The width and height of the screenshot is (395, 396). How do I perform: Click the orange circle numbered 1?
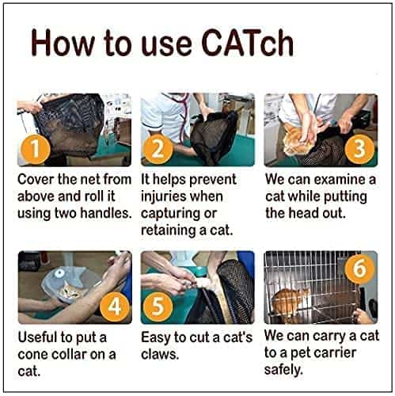tap(35, 149)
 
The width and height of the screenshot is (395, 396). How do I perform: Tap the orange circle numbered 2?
tap(158, 149)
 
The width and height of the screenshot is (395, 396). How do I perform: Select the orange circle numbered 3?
tap(359, 149)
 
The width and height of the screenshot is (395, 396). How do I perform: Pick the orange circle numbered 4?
tap(115, 307)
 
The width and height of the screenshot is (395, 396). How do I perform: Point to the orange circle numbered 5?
tap(158, 307)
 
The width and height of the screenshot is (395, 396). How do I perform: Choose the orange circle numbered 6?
tap(359, 268)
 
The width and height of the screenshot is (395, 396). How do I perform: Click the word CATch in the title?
tap(247, 43)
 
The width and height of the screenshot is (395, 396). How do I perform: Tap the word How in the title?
tap(63, 43)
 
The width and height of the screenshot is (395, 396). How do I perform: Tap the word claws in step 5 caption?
tap(160, 354)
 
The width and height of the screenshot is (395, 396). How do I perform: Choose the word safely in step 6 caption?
tap(283, 370)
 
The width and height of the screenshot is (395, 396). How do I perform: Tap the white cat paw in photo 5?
tap(205, 284)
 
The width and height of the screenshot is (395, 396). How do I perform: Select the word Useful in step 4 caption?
tap(36, 337)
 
